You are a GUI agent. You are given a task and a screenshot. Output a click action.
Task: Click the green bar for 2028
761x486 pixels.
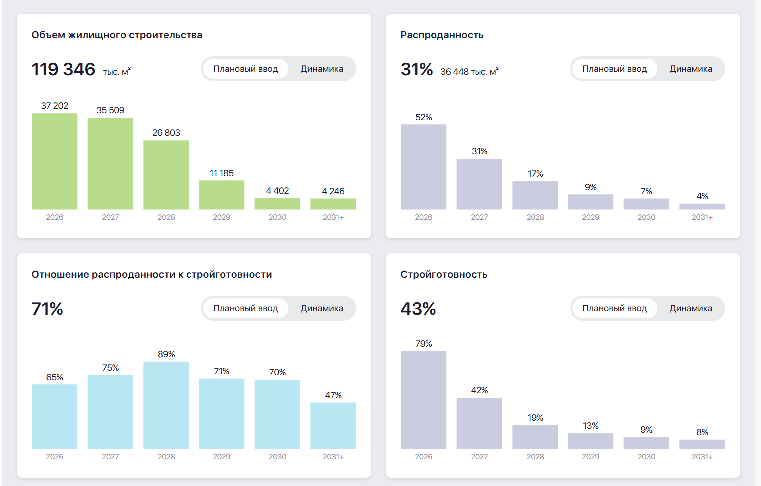coord(166,175)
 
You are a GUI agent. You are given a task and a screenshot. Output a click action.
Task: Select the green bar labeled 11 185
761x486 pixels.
coord(221,195)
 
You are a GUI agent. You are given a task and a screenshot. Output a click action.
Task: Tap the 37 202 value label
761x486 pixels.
coord(55,106)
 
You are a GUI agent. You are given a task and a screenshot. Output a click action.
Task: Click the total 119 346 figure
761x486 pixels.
coord(63,69)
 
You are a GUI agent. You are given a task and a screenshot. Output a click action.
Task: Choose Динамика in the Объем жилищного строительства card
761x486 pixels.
coord(322,69)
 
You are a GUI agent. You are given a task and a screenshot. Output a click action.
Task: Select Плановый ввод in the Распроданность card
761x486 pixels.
coord(614,69)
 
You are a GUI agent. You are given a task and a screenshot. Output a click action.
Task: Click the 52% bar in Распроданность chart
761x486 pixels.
coord(424,167)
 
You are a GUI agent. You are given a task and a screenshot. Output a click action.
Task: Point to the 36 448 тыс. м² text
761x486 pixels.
coord(469,71)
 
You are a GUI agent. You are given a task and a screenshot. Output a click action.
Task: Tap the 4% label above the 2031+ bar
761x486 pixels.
coord(702,196)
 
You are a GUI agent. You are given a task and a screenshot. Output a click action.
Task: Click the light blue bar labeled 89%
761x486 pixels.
coord(166,405)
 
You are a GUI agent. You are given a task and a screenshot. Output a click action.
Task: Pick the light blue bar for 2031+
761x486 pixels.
coord(333,426)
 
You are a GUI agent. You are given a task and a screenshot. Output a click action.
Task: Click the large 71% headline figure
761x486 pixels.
coord(47,309)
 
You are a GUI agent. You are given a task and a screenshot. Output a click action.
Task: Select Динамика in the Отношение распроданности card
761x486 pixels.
coord(322,308)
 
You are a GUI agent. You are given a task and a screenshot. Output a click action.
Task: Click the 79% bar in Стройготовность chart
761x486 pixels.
coord(424,400)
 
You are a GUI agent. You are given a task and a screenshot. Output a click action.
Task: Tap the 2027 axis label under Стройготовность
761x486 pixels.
coord(479,457)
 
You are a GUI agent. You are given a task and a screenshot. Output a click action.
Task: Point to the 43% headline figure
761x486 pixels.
coord(418,309)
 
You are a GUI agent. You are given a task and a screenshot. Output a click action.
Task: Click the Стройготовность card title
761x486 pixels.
coord(444,274)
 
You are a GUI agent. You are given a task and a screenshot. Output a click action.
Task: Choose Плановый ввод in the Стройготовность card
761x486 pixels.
coord(614,308)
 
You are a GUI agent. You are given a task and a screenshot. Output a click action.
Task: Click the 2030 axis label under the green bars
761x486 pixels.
coord(278,217)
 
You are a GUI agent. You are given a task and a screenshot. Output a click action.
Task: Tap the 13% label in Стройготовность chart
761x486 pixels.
coord(591,426)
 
